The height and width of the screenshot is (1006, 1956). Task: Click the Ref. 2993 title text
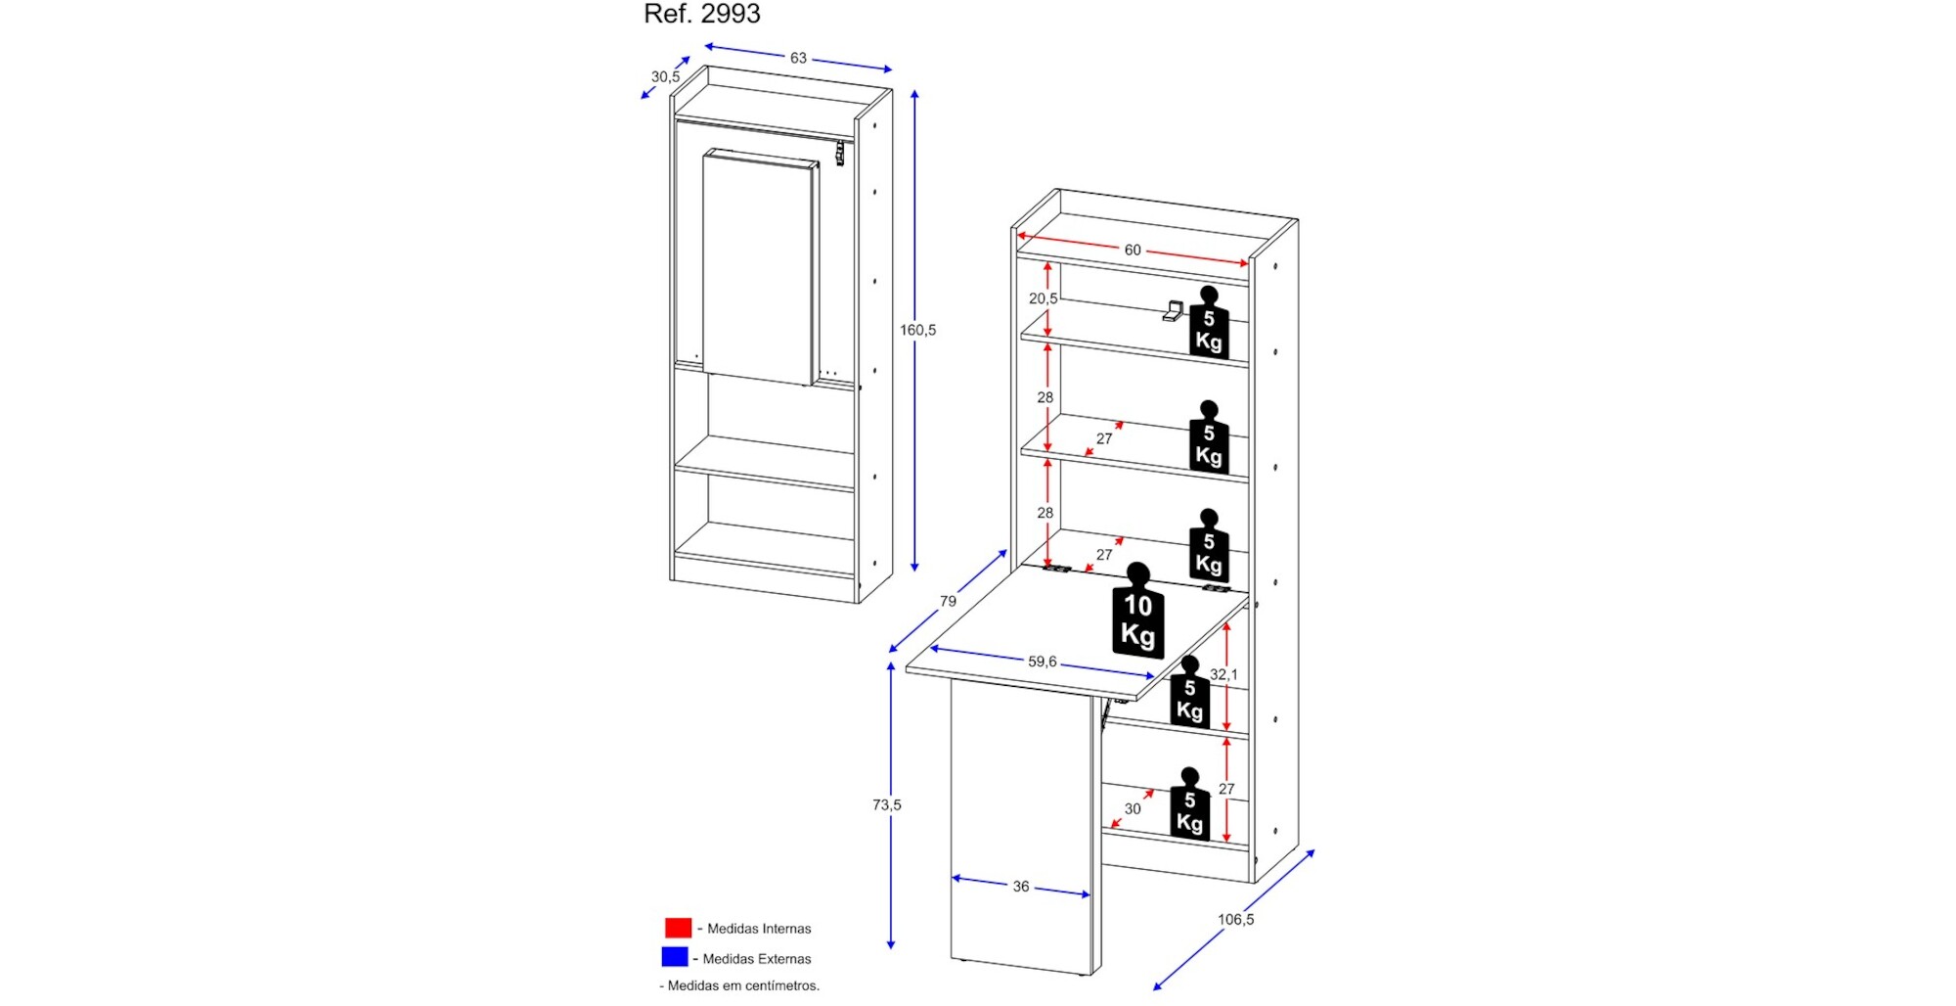(x=701, y=14)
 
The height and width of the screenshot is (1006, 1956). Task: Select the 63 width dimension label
(x=798, y=59)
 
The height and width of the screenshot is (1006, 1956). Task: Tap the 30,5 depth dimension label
(x=665, y=76)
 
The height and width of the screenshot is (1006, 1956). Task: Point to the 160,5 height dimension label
(x=917, y=330)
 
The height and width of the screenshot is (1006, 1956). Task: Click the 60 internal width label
(x=1133, y=250)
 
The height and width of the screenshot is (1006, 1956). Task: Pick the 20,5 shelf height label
(x=1043, y=298)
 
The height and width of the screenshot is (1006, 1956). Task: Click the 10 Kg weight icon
(x=1138, y=613)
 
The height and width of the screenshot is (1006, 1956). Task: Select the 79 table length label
(x=948, y=601)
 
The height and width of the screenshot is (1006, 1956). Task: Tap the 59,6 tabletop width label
(x=1042, y=662)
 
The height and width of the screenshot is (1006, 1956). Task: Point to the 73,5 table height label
(x=886, y=804)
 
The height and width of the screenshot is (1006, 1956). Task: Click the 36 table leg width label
(x=1020, y=887)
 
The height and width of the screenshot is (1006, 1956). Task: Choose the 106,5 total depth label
(x=1235, y=919)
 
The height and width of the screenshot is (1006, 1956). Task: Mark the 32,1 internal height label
(x=1223, y=674)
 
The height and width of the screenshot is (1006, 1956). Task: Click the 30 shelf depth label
(x=1133, y=809)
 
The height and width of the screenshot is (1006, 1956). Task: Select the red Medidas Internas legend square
(x=678, y=928)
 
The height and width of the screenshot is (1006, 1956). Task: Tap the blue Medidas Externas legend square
(x=675, y=957)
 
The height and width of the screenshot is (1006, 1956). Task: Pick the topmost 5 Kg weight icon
(x=1209, y=324)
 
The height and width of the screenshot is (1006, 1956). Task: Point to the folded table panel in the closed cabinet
(x=759, y=266)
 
